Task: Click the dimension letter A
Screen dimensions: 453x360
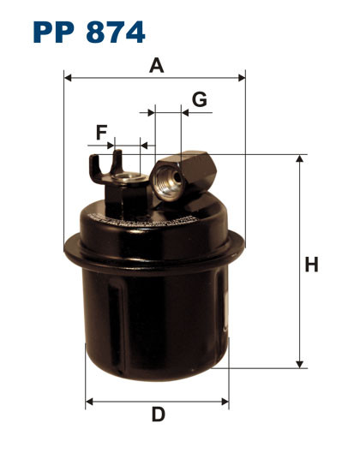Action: point(156,64)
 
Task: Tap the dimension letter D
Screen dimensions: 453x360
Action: point(158,415)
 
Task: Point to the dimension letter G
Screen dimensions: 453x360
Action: point(199,99)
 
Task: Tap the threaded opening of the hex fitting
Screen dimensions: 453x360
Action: point(163,178)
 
